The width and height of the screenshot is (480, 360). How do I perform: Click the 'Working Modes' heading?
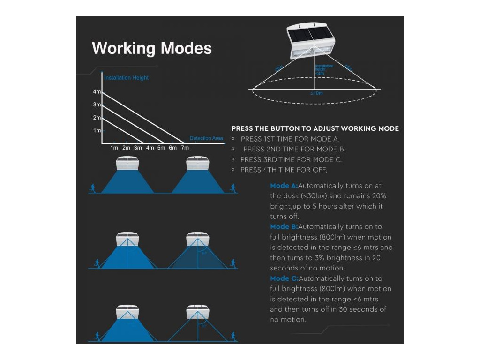click(151, 48)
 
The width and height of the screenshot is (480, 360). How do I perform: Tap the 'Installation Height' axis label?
click(126, 77)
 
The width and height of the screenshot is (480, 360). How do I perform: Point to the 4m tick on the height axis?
click(97, 92)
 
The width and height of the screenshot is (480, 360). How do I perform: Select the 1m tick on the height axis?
click(97, 130)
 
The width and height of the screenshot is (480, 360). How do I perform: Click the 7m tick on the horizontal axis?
click(185, 148)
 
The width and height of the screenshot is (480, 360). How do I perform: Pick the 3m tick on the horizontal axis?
click(138, 148)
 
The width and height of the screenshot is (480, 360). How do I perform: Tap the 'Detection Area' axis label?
click(206, 138)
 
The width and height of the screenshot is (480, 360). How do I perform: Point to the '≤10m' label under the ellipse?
click(316, 93)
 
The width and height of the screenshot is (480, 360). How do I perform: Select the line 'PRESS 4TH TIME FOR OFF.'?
click(284, 170)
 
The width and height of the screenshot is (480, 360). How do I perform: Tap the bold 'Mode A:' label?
click(284, 186)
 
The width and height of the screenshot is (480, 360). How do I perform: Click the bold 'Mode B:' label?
click(284, 227)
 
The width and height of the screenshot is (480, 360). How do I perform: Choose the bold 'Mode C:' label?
click(284, 278)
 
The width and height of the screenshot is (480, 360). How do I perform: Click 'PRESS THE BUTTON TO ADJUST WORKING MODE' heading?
click(315, 128)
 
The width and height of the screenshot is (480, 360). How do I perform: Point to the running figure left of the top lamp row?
click(92, 187)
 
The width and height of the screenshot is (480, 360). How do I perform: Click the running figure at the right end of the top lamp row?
click(232, 187)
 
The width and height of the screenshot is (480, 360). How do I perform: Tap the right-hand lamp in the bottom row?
click(197, 313)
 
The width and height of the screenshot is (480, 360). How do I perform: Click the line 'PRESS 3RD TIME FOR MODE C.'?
click(291, 159)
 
